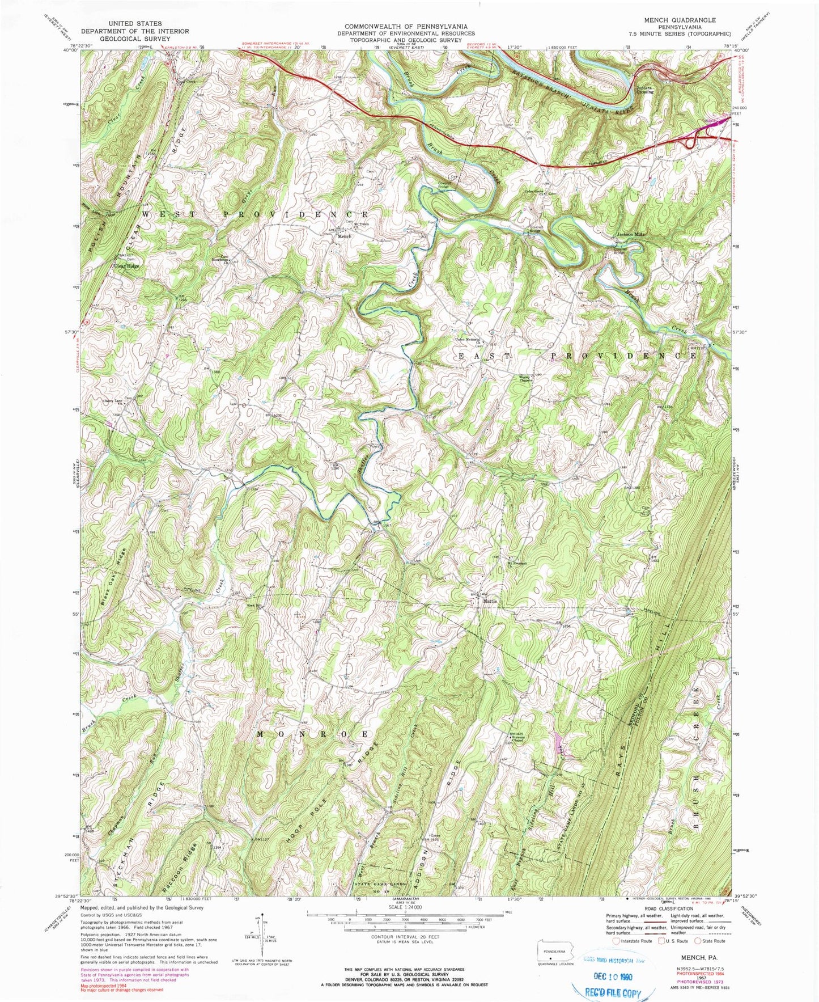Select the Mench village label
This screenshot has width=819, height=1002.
click(345, 236)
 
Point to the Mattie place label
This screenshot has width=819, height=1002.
click(490, 601)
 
